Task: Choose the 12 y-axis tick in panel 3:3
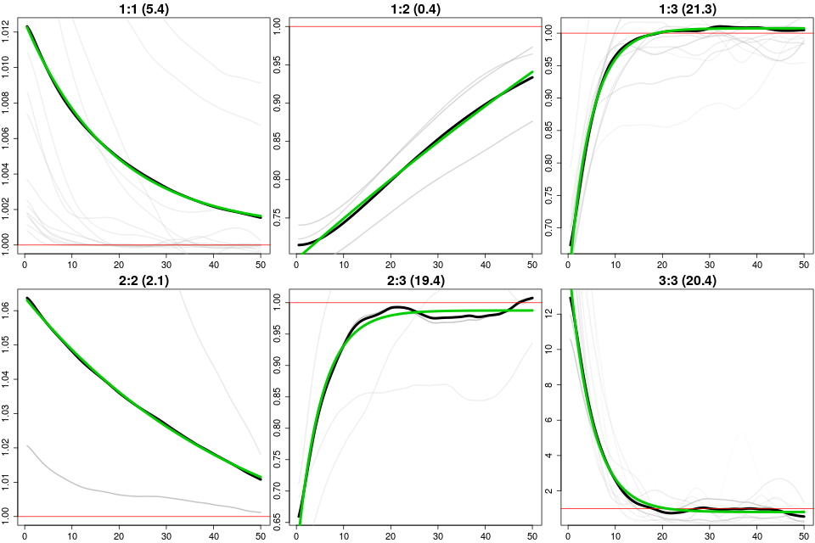click(552, 313)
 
